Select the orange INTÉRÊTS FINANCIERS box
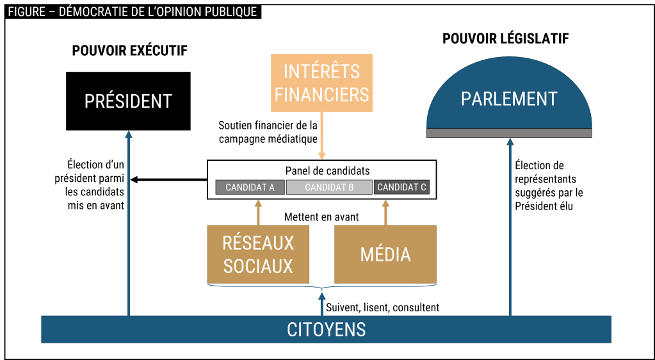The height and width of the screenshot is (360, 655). pos(321,83)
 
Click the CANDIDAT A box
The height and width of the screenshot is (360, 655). pos(250,187)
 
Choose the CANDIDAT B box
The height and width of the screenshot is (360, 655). pos(329,187)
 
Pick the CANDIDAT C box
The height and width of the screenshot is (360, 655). pos(401,187)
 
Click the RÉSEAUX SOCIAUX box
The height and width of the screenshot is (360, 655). pos(257,254)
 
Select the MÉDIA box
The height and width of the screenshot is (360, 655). pos(385,254)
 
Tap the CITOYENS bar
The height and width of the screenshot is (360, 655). pos(326,329)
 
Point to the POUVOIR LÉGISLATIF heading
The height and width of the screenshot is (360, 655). pos(506,39)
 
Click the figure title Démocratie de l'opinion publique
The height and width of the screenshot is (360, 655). pos(133,12)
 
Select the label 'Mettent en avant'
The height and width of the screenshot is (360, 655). pos(321,217)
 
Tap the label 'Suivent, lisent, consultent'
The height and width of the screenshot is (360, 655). pos(383,307)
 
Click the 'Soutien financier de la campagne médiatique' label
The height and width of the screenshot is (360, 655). pos(268,131)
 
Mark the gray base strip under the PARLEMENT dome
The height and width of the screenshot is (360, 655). pos(509,133)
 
